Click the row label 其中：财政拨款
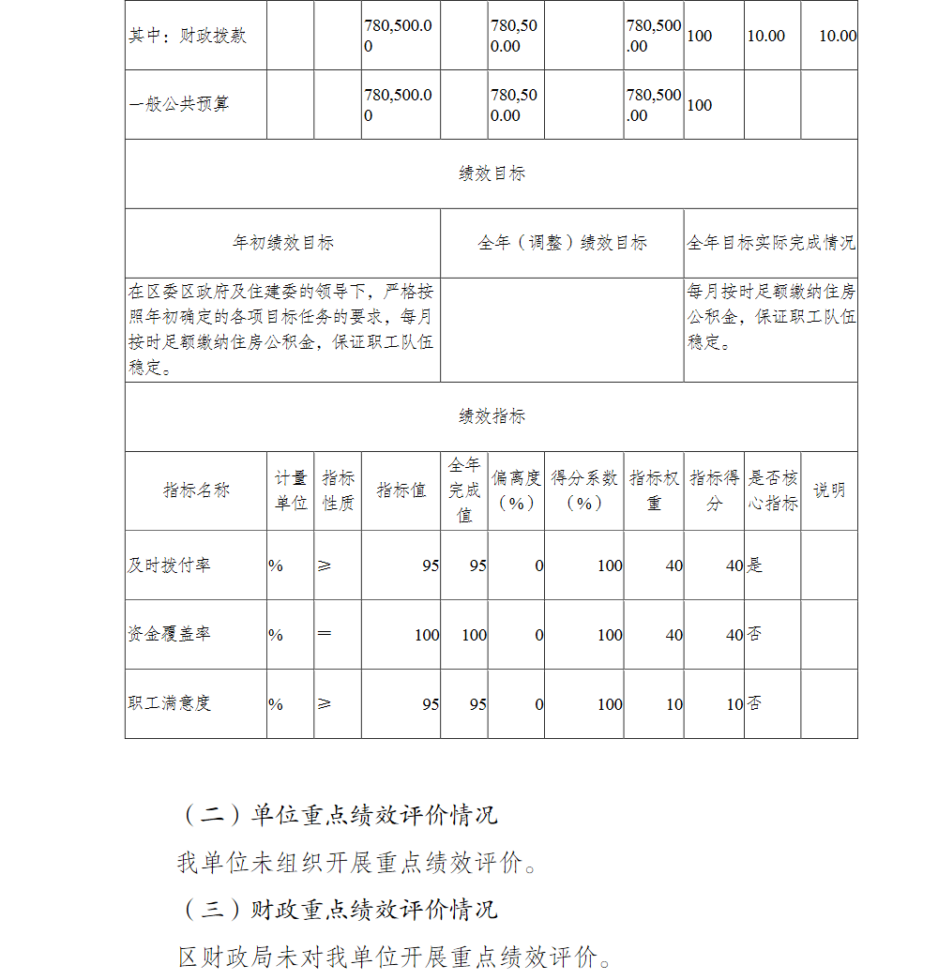click(188, 36)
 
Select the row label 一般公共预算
click(178, 104)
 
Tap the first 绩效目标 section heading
click(492, 173)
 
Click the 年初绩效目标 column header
click(282, 243)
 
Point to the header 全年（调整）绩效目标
click(562, 243)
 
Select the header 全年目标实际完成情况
click(771, 243)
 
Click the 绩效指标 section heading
click(492, 416)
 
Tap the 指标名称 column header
click(196, 490)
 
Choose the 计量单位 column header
click(291, 490)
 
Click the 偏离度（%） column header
click(516, 490)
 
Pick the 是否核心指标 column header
click(773, 490)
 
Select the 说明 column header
click(829, 490)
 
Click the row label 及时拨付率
click(170, 565)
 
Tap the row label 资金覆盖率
click(170, 635)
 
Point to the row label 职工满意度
click(170, 703)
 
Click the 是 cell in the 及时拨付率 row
click(754, 565)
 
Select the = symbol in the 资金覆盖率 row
click(325, 634)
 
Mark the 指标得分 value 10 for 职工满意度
click(734, 704)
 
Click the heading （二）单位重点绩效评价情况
click(339, 815)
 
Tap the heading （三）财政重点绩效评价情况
click(339, 909)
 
